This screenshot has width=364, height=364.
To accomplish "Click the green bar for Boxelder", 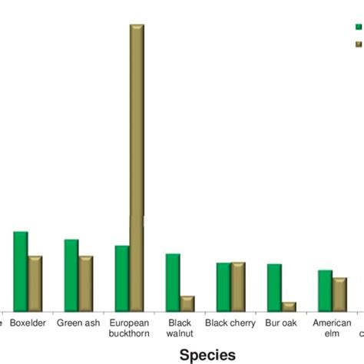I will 21,270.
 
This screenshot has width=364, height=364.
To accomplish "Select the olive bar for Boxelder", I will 35,283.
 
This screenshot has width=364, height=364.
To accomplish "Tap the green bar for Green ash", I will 71,275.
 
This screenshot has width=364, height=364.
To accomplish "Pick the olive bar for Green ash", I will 86,283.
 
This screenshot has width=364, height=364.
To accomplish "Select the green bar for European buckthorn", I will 122,278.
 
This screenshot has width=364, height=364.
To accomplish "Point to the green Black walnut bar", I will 173,282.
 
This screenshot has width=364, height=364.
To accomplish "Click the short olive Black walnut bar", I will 187,303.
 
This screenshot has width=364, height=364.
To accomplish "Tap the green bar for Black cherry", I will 223,286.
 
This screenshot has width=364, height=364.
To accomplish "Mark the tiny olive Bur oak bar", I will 289,306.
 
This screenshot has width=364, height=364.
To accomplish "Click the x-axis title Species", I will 207,354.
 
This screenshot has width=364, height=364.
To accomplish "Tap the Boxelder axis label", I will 28,323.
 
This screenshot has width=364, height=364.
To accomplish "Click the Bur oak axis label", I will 281,323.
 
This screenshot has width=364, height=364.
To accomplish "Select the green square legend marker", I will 358,26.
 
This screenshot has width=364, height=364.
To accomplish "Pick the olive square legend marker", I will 358,45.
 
